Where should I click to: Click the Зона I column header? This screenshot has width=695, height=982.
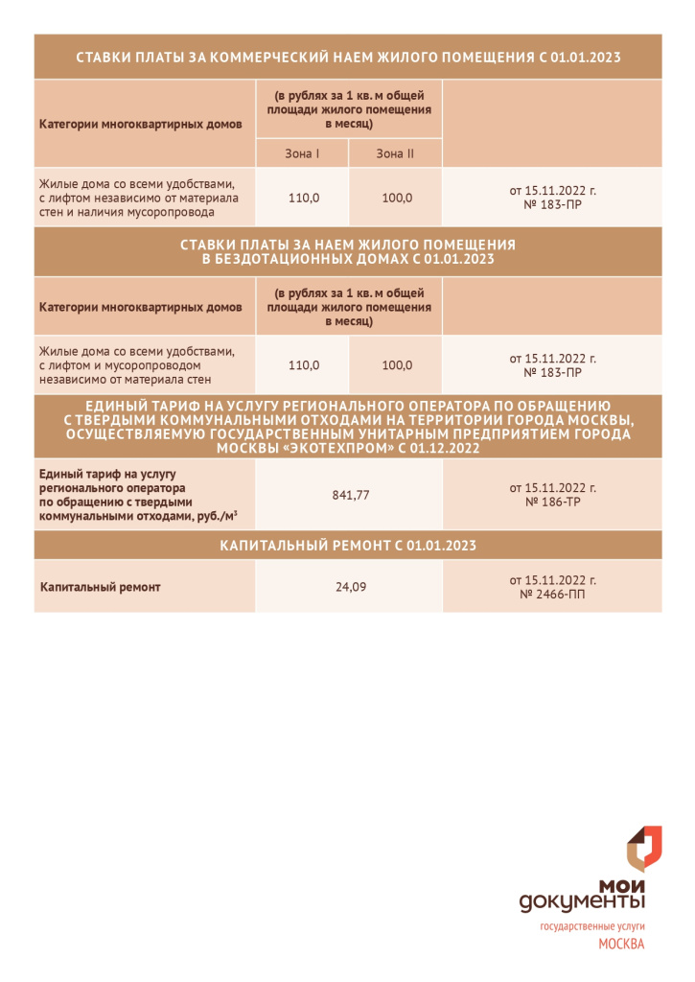click(302, 153)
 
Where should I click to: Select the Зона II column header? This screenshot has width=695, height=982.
click(395, 153)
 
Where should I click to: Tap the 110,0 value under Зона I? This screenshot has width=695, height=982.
click(303, 198)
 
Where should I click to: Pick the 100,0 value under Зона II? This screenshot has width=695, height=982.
click(396, 198)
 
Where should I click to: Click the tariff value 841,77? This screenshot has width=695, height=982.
click(350, 495)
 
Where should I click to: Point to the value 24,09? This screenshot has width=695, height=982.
click(350, 586)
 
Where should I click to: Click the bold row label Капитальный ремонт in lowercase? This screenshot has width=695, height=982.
click(100, 586)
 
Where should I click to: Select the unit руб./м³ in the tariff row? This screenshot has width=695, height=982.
click(216, 515)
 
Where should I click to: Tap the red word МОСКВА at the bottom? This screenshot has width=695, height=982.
click(620, 944)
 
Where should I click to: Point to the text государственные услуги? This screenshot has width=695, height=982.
click(591, 925)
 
